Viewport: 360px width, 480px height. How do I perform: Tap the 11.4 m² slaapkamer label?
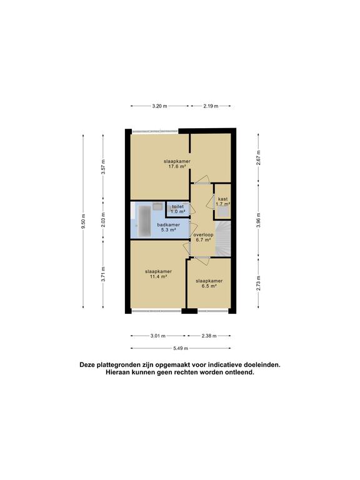(158, 274)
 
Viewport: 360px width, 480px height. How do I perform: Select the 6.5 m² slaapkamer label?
(208, 284)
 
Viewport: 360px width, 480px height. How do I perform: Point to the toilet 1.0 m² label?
(178, 208)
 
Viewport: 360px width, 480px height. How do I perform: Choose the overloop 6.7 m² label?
(204, 237)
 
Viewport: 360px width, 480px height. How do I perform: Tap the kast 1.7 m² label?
(222, 201)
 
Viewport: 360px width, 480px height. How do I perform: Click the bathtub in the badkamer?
(144, 221)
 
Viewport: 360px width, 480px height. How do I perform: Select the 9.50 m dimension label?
(83, 222)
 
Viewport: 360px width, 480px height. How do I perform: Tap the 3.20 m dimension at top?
(159, 106)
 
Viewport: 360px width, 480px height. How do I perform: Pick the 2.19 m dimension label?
(210, 106)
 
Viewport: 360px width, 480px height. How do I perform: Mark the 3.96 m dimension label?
(257, 222)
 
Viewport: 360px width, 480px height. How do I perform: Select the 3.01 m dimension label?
(158, 336)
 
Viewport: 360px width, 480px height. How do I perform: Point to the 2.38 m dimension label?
(210, 336)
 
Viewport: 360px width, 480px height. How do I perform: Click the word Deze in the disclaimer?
(89, 364)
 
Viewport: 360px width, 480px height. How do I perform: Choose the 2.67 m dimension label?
(257, 157)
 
